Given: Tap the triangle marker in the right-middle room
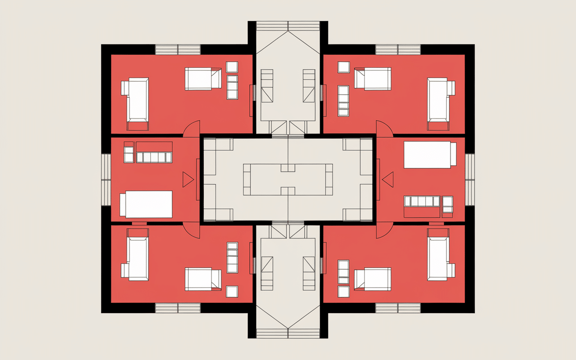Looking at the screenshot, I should point(388,180).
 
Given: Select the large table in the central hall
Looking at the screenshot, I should point(288,180).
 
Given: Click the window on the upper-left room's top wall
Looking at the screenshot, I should point(178,49).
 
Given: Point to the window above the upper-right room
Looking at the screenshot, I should point(398,49).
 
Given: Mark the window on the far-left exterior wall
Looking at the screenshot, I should point(106,180).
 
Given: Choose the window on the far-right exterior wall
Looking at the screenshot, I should point(470,180).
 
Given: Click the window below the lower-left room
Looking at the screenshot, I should point(178,308).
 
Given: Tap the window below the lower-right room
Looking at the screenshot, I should point(398,308).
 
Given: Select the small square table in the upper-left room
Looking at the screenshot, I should point(232,67).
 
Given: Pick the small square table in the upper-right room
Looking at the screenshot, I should point(344,67).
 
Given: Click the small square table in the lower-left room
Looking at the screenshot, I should point(232,291).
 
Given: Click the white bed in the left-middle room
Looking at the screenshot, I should point(146,204).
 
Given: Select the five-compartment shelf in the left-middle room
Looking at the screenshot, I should point(154,157).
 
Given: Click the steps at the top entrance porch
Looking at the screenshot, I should point(288,26).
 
